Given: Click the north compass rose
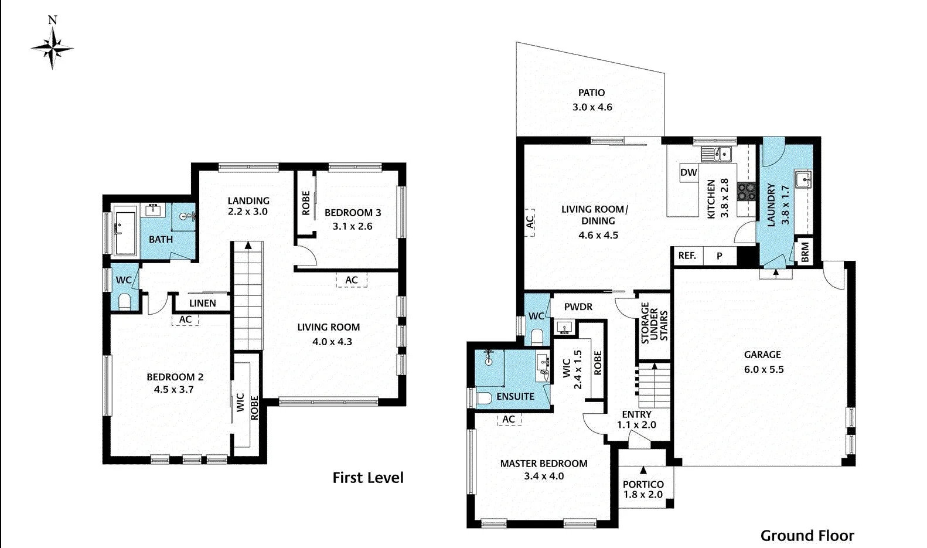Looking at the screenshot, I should tap(53, 47).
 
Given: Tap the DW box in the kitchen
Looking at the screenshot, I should tap(689, 172).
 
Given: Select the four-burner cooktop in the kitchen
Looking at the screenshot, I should tap(747, 191).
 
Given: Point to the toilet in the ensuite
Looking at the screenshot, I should tap(484, 399).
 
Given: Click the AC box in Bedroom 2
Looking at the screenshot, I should tap(185, 319).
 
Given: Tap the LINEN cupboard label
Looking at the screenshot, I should tap(203, 303).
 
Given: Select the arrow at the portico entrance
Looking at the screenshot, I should tap(643, 470).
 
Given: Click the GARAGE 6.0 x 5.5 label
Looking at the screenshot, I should tap(763, 362).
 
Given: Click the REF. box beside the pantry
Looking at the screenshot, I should tap(687, 256).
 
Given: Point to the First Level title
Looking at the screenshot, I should tap(368, 478).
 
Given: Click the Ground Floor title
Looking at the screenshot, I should tap(807, 535).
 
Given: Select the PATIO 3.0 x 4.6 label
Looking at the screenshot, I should tap(592, 100).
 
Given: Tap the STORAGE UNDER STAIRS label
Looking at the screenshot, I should tap(654, 323).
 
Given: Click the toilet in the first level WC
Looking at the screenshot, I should tap(124, 302).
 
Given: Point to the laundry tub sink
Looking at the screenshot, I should tap(803, 178).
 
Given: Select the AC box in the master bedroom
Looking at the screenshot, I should tap(509, 419).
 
